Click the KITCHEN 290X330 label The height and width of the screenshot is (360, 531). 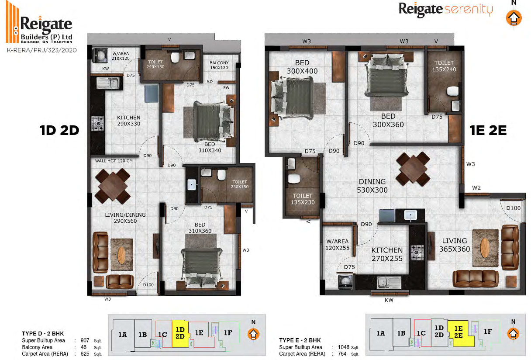coord(128,121)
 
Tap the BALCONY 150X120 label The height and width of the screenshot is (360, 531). coord(219,65)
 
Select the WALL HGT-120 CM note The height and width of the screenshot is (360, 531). coord(114,161)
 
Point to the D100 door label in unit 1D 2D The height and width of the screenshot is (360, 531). coord(148,284)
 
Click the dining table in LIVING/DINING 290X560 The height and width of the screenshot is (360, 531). coord(113,186)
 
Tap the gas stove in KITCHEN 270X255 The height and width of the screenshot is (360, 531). coord(417,252)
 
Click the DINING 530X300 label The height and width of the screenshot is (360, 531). coord(372,186)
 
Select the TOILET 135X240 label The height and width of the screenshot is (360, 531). coord(444,66)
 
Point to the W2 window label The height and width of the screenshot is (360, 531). coord(476,188)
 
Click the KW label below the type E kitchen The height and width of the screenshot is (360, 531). coord(389,300)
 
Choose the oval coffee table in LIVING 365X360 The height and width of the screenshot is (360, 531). coord(485,248)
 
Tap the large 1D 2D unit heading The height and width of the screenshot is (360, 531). coord(59,131)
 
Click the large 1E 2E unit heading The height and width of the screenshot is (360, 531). coord(488,131)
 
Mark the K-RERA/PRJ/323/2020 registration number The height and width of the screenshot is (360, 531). coord(42,50)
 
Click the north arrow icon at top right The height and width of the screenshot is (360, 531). coord(514,18)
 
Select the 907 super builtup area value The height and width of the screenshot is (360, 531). coord(85,340)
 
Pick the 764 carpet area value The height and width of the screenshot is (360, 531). coord(342,354)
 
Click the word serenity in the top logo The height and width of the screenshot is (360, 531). coord(469,10)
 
